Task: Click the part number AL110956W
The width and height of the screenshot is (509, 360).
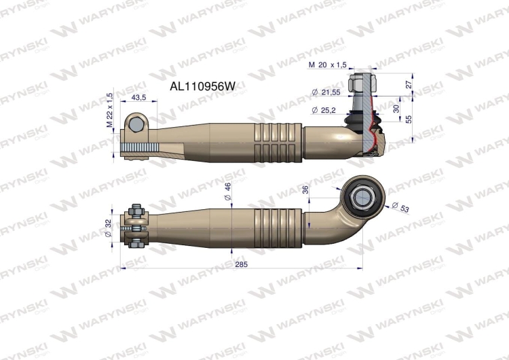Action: (206, 86)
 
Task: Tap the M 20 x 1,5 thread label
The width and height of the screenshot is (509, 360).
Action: (328, 65)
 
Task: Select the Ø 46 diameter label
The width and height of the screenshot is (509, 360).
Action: (228, 192)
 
